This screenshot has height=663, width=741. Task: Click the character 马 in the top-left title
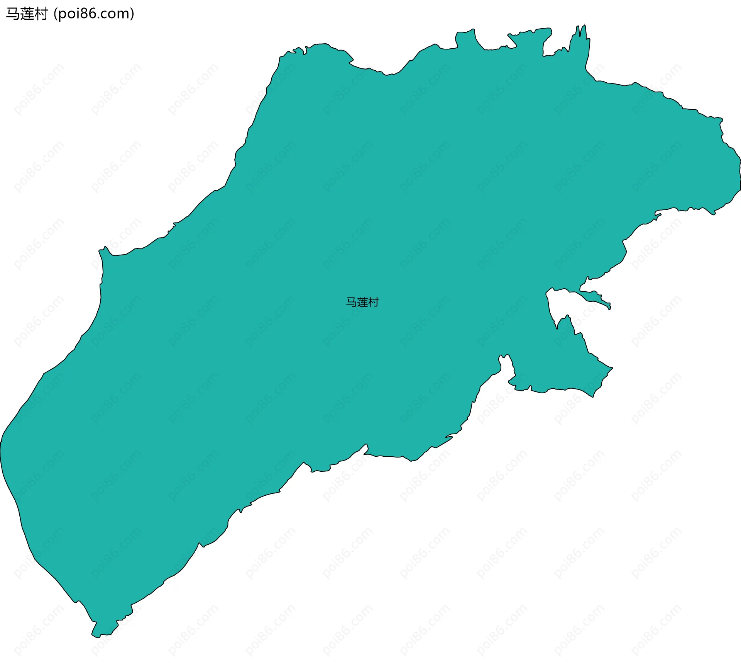point(13,14)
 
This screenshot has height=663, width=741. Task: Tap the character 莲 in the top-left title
point(27,14)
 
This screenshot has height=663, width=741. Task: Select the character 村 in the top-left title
point(41,14)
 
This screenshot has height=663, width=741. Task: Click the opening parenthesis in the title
point(56,14)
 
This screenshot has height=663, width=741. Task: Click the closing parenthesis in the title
point(132,14)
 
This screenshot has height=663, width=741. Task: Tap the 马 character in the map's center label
point(351,302)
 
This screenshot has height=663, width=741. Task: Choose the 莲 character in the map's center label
point(362,302)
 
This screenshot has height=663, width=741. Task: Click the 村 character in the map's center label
point(374,302)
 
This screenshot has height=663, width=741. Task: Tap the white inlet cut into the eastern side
point(562,305)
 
